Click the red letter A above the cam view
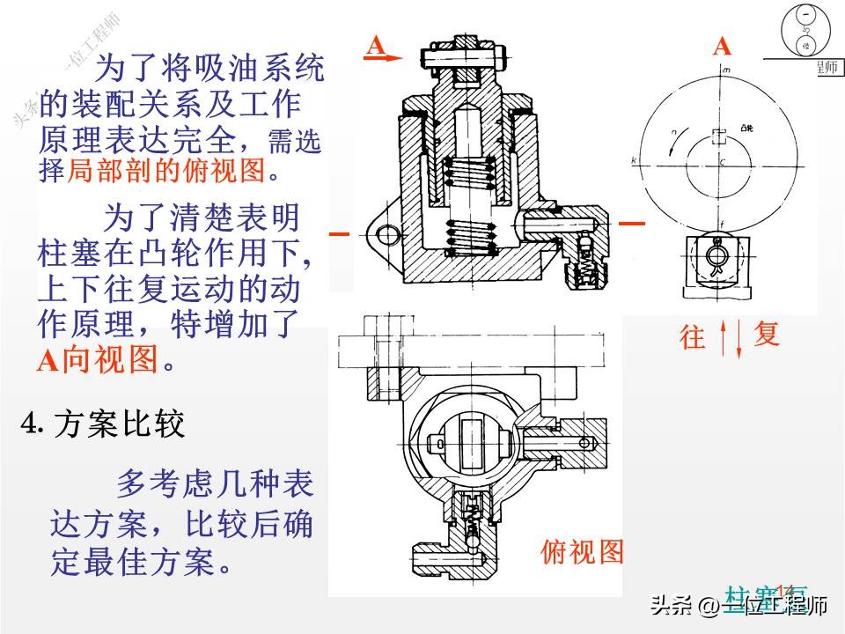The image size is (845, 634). (x=722, y=47)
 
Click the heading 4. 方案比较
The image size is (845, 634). (x=103, y=425)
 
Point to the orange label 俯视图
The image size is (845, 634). (x=582, y=553)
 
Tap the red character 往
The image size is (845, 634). (x=694, y=337)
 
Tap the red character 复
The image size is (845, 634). (x=767, y=334)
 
